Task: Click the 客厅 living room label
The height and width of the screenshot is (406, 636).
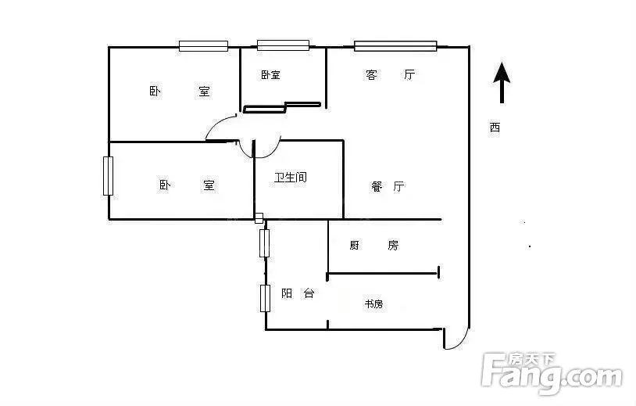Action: [x=390, y=75]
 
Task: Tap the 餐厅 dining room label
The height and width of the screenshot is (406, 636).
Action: [x=388, y=186]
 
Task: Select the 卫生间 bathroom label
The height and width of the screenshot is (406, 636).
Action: [x=291, y=178]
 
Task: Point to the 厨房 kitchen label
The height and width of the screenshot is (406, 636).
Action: [x=374, y=245]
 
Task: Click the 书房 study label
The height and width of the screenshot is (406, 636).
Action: [x=373, y=304]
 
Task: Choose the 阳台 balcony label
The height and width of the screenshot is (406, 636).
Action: [x=298, y=293]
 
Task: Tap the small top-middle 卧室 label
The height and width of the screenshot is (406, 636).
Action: [x=270, y=74]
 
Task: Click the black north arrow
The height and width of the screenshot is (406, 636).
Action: [x=502, y=82]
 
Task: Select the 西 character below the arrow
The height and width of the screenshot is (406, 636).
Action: [x=495, y=128]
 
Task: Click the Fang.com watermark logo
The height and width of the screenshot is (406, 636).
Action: [x=552, y=373]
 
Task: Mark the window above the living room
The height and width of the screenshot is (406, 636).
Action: [x=395, y=46]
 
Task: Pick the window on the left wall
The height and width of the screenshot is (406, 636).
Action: [x=108, y=176]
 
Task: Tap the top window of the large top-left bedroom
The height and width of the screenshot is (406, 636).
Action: [x=203, y=46]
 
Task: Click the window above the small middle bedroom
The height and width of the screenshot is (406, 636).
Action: [x=283, y=45]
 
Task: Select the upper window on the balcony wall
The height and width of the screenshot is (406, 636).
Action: [x=264, y=243]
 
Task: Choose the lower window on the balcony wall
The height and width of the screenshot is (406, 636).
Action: [x=265, y=298]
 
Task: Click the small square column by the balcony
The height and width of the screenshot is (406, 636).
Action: [x=259, y=218]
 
